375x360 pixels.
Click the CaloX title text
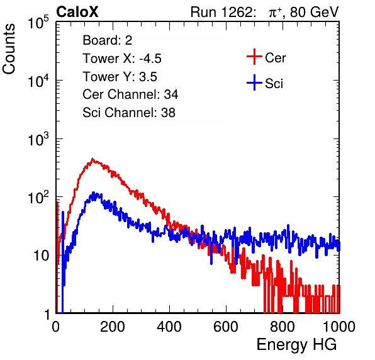(x=77, y=12)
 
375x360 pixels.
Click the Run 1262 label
(x=221, y=12)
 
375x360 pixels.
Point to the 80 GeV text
(x=315, y=13)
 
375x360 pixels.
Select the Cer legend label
(x=275, y=58)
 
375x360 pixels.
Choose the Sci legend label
(x=274, y=84)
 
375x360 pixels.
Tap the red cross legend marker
(x=254, y=57)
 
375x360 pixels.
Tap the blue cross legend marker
(x=254, y=82)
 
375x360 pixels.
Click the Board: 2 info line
(x=108, y=40)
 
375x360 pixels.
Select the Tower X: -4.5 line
(x=122, y=59)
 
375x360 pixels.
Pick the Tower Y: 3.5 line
(x=120, y=77)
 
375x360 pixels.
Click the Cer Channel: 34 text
(x=130, y=94)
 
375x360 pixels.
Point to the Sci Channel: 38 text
(x=129, y=113)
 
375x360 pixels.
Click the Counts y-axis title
(x=9, y=48)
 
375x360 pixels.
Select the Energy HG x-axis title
(x=296, y=345)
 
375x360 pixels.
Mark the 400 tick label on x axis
(x=169, y=327)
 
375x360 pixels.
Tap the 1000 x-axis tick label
(x=339, y=327)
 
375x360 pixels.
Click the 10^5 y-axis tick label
(x=38, y=23)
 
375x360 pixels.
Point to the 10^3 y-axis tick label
(x=38, y=140)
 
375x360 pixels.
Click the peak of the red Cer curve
(x=92, y=159)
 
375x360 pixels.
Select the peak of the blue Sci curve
(x=94, y=193)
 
